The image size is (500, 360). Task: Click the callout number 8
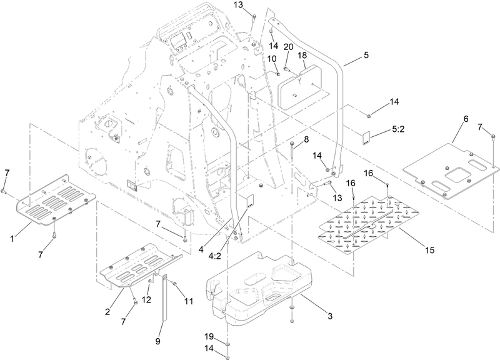[x=305, y=139]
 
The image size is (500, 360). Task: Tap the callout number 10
[x=272, y=58]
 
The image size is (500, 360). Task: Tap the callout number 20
[x=288, y=46]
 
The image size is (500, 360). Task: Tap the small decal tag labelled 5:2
[x=368, y=136]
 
